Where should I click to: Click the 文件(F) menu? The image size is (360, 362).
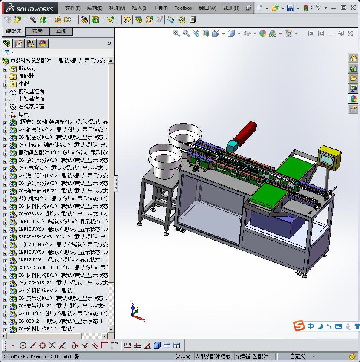[73, 8]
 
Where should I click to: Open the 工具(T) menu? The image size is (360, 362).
[160, 8]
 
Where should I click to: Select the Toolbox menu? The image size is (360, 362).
[183, 8]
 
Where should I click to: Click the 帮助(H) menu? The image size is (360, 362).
[231, 8]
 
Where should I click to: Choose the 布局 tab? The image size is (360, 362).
[37, 31]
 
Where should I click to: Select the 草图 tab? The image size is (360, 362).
[61, 31]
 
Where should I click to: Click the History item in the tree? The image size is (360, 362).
[27, 69]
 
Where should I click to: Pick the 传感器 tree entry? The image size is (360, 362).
[26, 76]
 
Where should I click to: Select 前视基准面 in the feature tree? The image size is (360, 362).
[31, 92]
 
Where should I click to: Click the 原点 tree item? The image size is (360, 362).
[23, 115]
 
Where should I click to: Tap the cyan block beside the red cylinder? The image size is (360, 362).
[232, 146]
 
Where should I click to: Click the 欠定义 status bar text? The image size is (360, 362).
[183, 356]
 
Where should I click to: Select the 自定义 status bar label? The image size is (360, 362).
[297, 356]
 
